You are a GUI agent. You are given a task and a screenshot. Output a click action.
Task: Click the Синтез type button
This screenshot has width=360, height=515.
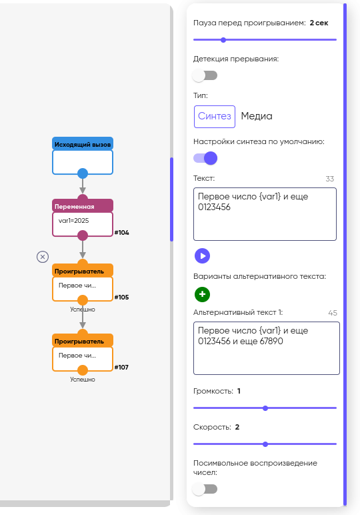[215, 116]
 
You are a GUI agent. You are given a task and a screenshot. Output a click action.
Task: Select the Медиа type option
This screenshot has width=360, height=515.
[257, 116]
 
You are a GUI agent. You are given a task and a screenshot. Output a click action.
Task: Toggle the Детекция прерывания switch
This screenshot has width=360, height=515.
[205, 75]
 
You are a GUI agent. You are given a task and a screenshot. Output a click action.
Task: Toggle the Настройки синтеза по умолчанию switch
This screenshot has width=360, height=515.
[205, 158]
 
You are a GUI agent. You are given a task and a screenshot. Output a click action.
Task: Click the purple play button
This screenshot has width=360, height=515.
[202, 256]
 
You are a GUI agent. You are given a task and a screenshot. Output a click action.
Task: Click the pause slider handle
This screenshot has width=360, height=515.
[223, 40]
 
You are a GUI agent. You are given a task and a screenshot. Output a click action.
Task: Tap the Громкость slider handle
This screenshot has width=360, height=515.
[265, 408]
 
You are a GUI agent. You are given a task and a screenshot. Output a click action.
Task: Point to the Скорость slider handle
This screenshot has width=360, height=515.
[265, 444]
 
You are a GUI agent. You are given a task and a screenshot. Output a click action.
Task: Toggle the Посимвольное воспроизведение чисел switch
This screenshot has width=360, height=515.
[205, 489]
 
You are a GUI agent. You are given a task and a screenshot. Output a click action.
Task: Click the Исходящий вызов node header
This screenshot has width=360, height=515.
[83, 144]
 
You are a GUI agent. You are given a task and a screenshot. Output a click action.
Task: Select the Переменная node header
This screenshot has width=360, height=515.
[83, 206]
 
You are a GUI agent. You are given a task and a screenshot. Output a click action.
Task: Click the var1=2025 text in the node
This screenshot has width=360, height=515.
[73, 221]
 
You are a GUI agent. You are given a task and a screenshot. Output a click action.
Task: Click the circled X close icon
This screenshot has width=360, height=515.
[43, 257]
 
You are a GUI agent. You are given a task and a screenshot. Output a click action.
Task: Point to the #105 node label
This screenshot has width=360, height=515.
[122, 298]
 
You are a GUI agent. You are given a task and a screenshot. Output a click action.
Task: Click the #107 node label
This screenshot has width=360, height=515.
[121, 367]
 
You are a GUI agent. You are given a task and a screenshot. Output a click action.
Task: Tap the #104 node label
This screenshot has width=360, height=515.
[122, 233]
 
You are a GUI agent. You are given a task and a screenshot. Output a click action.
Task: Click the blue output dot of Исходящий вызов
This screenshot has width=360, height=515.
[83, 173]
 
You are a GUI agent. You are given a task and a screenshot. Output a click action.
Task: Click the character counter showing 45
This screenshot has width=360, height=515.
[333, 313]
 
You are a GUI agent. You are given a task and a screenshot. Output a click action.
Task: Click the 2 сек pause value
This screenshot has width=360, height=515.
[319, 23]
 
